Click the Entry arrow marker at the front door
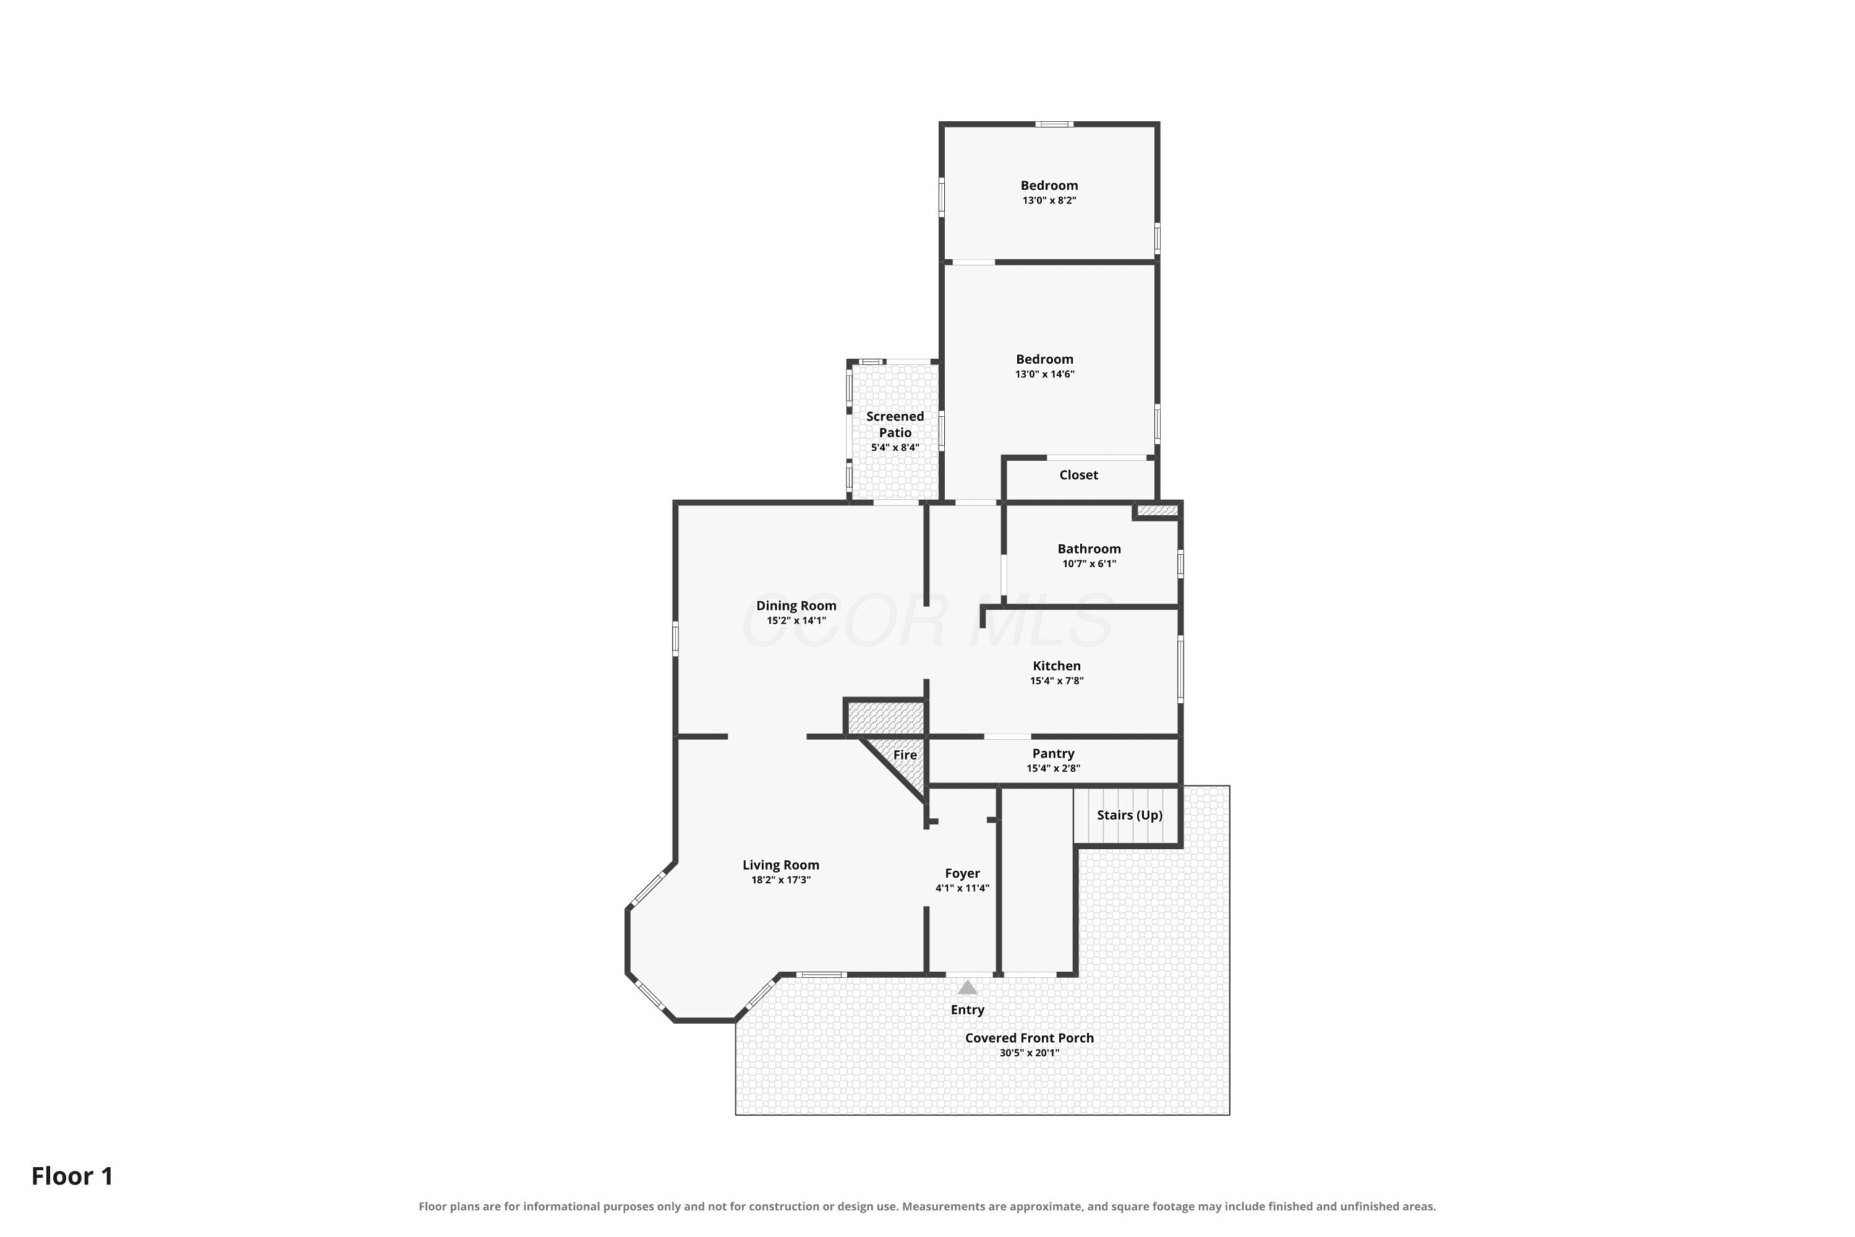tap(968, 987)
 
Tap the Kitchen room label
tap(1057, 666)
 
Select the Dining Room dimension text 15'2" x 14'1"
tap(796, 621)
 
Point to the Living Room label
tap(781, 865)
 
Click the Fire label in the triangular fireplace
tap(905, 755)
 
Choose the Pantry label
tap(1054, 753)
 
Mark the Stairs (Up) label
tap(1130, 815)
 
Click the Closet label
tap(1078, 475)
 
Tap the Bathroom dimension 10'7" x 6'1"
tap(1089, 564)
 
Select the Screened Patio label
tap(895, 424)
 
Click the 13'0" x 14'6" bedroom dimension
tap(1044, 374)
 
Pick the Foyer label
tap(962, 873)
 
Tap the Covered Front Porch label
tap(1030, 1038)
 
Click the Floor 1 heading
tap(72, 1176)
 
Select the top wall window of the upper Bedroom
tap(1054, 124)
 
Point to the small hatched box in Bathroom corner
tap(1157, 510)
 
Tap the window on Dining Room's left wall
tap(675, 639)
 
